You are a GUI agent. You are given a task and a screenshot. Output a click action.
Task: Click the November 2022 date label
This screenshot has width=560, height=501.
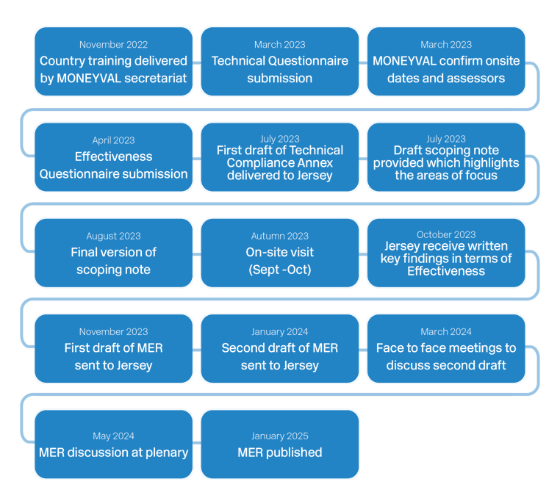tap(113, 45)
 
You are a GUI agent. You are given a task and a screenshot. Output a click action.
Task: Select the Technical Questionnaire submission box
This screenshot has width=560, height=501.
tap(279, 62)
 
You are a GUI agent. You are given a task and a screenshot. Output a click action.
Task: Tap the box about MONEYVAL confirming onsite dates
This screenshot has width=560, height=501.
tap(445, 62)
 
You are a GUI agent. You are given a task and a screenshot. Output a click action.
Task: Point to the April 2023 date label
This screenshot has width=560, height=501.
tap(113, 140)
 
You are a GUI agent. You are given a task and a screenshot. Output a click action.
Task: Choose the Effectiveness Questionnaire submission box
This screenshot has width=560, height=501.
tap(113, 157)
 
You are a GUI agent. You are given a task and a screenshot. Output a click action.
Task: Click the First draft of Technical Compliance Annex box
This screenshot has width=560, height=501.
tap(279, 157)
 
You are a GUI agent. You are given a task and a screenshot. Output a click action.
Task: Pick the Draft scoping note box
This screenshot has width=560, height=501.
tap(445, 157)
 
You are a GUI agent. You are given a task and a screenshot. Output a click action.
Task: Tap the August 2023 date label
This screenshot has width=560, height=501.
tap(113, 236)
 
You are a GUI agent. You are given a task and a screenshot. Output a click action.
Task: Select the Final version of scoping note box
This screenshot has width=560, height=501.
tap(113, 253)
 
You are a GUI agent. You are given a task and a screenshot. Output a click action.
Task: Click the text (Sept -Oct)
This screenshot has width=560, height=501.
tap(279, 270)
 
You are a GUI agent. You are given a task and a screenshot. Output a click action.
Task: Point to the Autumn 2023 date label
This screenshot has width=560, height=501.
tap(279, 236)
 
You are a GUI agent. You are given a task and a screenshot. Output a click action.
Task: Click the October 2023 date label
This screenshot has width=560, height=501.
tap(445, 235)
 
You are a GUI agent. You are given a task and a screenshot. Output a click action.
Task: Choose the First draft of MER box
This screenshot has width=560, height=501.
tap(113, 348)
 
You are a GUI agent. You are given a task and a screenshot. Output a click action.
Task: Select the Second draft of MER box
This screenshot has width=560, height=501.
tap(279, 348)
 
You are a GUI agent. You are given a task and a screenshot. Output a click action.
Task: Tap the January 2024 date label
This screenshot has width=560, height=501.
tap(279, 331)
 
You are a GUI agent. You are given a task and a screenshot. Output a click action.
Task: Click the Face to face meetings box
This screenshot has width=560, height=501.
tap(445, 348)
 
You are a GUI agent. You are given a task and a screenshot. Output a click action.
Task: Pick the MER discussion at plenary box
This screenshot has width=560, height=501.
tap(113, 444)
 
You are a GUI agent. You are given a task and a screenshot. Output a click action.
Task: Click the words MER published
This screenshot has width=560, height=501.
tap(279, 453)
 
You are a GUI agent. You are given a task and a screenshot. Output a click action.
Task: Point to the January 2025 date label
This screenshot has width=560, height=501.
tap(279, 436)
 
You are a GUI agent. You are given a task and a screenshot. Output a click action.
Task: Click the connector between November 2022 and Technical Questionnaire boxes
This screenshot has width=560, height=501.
tap(197, 63)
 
